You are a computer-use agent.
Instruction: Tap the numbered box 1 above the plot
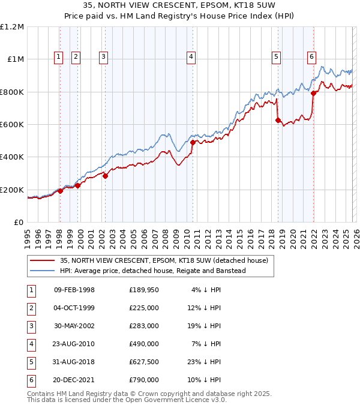(59, 57)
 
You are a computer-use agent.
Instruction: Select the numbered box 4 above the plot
(191, 57)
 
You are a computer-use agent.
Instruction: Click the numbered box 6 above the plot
(312, 57)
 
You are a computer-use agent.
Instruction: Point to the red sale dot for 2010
(193, 143)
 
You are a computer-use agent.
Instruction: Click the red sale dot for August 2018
(278, 121)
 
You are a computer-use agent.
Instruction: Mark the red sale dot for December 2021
(313, 93)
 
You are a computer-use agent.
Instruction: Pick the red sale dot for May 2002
(105, 176)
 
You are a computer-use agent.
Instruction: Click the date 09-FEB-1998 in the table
(74, 290)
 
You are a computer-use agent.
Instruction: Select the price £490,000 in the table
(144, 344)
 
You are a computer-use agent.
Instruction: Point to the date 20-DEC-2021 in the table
(74, 380)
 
